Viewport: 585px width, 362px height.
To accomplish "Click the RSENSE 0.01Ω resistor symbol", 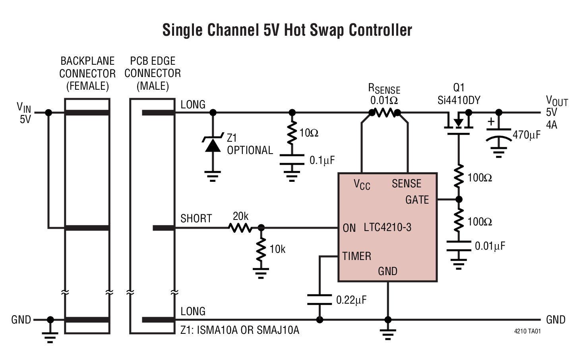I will tap(384, 113).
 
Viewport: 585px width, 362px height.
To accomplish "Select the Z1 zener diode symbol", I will tap(213, 145).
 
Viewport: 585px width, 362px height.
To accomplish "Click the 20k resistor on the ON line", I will tap(240, 228).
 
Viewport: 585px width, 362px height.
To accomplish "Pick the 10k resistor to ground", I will tap(261, 249).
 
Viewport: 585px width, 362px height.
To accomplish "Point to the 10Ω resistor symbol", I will tap(292, 133).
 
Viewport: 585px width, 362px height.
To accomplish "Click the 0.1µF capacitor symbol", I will tap(292, 160).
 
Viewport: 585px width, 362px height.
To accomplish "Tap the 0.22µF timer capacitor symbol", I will tap(319, 300).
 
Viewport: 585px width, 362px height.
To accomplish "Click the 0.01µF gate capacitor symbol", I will tap(459, 246).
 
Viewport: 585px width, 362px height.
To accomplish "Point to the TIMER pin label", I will tap(357, 256).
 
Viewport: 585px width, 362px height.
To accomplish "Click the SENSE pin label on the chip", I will tap(406, 184).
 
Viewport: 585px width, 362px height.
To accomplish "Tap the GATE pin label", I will tap(417, 200).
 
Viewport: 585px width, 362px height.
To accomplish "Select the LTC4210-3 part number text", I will tap(387, 227).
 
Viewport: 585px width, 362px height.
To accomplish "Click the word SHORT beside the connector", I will tap(196, 219).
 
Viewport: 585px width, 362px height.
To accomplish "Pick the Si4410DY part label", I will tap(459, 100).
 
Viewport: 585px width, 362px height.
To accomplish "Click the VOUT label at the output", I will tap(556, 100).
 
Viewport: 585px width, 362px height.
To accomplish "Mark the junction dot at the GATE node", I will tap(459, 199).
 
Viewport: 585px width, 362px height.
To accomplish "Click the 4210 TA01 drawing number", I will tap(527, 331).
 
